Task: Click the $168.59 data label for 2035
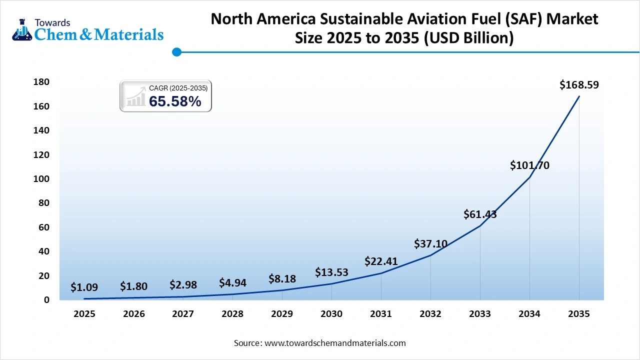tap(579, 85)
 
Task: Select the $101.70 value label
tap(529, 165)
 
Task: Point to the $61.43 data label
tap(480, 214)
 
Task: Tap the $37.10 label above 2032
tap(430, 244)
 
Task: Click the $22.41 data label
tap(381, 261)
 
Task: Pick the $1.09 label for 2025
tap(84, 287)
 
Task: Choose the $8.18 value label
tap(282, 279)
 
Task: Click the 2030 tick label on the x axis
tap(331, 314)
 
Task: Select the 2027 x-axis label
tap(183, 314)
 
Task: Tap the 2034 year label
tap(529, 314)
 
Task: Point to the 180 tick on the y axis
tap(41, 82)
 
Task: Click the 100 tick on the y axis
tap(41, 179)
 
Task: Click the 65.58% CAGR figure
tap(175, 101)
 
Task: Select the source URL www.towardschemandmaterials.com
tap(334, 343)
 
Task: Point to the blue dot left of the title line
tap(176, 52)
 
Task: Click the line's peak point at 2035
tap(579, 96)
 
